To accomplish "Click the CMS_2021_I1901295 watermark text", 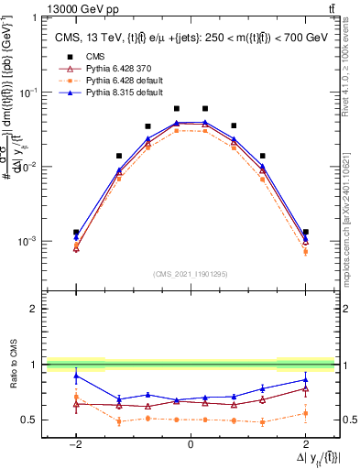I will click(191, 274).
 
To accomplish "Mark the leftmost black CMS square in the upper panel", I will click(76, 233).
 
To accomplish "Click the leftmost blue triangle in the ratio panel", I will click(76, 376).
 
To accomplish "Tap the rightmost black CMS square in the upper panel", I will click(305, 233).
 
